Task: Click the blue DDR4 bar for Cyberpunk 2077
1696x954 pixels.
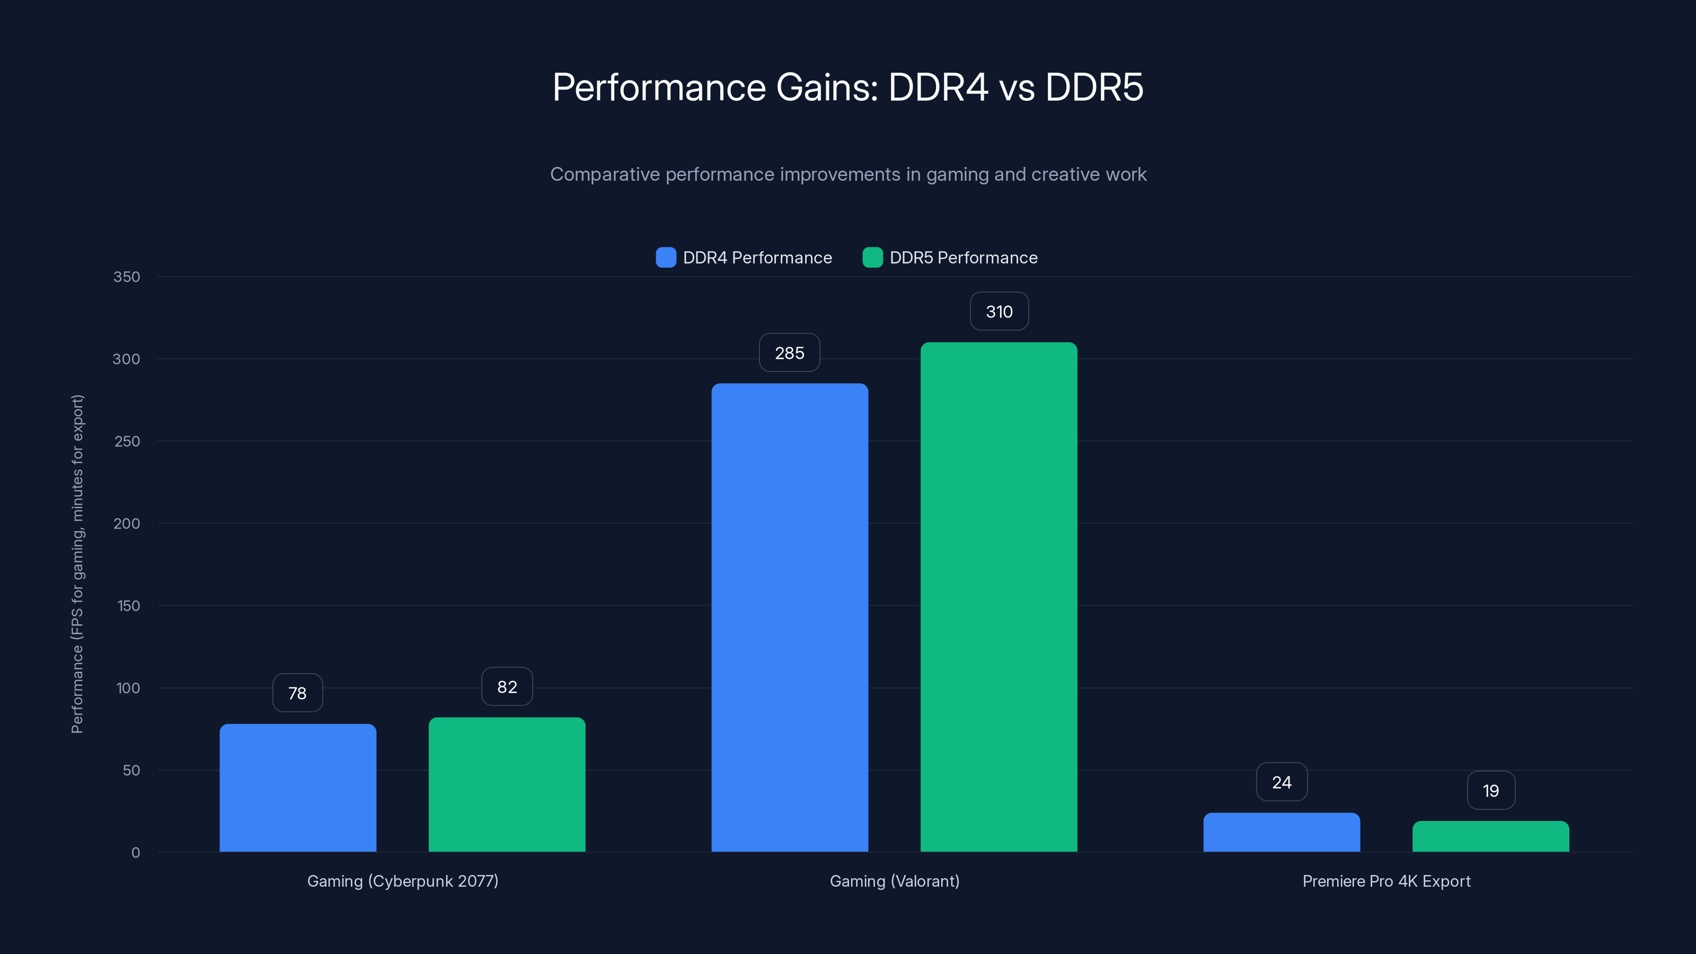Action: coord(297,788)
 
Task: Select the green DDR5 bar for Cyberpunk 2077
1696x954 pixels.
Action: coord(507,784)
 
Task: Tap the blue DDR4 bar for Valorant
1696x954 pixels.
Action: coord(789,617)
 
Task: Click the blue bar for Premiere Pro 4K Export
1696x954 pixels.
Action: coord(1281,832)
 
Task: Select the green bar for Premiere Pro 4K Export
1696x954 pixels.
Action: coord(1490,836)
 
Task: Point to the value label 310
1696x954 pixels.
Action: coord(999,312)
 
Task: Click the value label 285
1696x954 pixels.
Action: coord(789,353)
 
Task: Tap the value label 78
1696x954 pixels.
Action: coord(297,693)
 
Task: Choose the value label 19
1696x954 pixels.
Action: coord(1490,790)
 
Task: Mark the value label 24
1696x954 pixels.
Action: coord(1281,782)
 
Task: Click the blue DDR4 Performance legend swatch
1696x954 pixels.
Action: coord(666,258)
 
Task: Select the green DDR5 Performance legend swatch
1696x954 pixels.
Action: coord(872,258)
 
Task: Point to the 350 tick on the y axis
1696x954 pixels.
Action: coord(127,277)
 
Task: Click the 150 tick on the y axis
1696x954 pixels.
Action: coord(128,606)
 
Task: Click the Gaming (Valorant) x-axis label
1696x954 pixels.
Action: coord(894,881)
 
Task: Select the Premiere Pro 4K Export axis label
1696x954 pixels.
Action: coord(1386,881)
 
